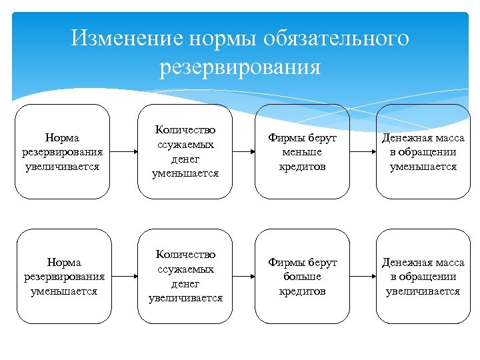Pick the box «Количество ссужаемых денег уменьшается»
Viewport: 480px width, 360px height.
(185, 152)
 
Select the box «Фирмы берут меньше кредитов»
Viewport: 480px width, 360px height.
(302, 152)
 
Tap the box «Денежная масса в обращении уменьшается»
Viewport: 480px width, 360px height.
(423, 152)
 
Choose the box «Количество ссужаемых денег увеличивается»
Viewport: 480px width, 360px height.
(185, 277)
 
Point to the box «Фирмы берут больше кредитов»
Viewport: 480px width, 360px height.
(302, 277)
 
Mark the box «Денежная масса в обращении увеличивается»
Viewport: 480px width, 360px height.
(423, 277)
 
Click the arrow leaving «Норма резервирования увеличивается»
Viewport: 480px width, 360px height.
(123, 152)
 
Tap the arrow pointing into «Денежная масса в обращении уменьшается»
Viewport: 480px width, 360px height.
(362, 152)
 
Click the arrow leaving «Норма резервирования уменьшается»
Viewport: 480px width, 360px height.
(123, 277)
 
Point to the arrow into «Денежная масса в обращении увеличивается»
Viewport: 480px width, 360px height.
(362, 277)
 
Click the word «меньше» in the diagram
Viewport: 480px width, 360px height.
(302, 152)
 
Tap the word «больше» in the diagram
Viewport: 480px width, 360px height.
(302, 277)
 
